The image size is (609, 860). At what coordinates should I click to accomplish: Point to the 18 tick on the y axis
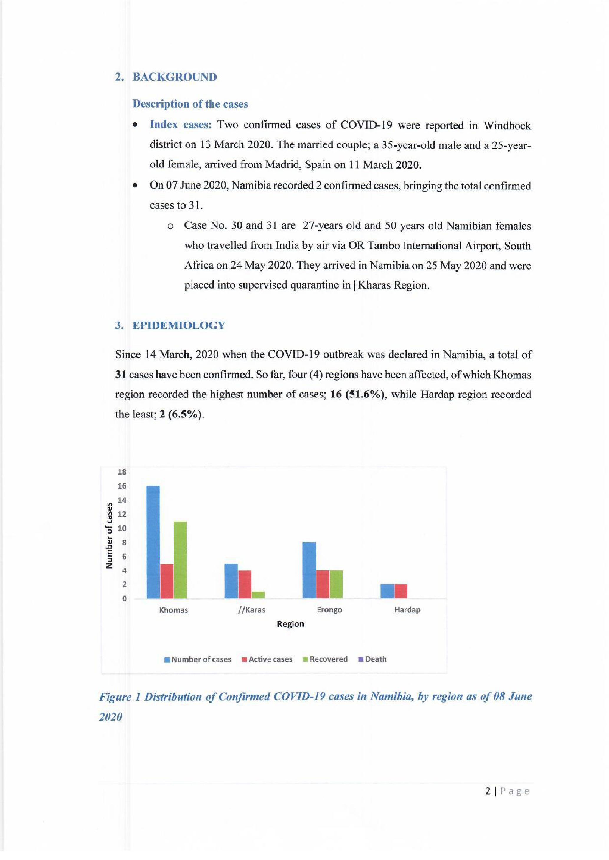click(x=122, y=472)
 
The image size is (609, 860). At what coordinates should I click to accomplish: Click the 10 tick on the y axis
click(x=122, y=528)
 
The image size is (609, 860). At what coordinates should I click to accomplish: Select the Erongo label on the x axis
click(x=329, y=610)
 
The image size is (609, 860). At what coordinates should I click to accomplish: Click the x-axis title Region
click(x=290, y=624)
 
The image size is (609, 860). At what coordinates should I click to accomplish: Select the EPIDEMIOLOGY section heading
click(x=179, y=325)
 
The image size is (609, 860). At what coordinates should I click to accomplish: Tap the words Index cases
click(x=181, y=125)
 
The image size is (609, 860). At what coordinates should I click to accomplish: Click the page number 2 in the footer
click(x=488, y=791)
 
